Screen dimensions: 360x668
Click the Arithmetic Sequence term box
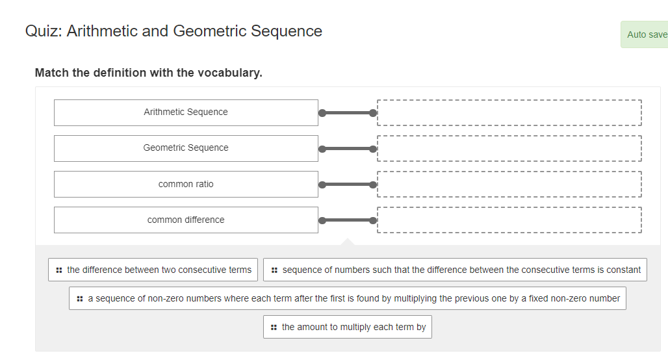point(186,112)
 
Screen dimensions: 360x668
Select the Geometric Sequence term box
point(186,148)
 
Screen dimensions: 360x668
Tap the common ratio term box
point(186,184)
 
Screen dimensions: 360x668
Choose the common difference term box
point(186,220)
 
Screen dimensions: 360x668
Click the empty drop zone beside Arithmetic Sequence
point(509,112)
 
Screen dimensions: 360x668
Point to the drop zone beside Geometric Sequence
point(509,148)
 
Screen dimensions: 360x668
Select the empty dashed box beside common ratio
point(509,184)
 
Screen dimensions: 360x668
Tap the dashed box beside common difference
point(509,220)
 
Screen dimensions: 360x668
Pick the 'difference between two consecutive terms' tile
point(153,270)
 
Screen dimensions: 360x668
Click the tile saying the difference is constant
point(455,270)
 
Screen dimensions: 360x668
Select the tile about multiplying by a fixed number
point(348,298)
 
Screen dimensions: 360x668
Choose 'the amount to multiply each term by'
point(348,327)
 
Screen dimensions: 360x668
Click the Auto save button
point(645,34)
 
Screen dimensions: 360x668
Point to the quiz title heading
point(173,31)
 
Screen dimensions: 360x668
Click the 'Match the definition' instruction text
point(149,73)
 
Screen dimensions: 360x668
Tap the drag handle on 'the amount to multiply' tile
point(274,327)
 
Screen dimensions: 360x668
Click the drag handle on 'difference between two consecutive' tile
point(59,270)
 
